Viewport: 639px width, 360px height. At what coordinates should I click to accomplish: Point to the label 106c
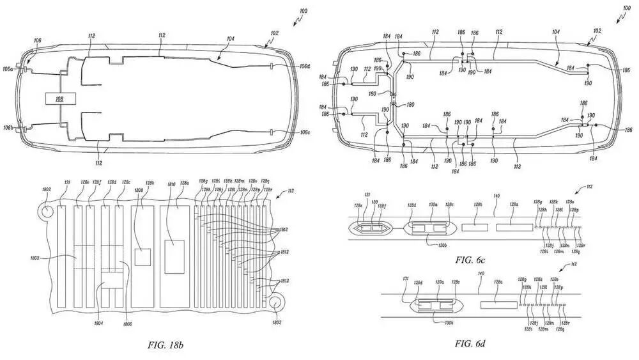[x=305, y=132]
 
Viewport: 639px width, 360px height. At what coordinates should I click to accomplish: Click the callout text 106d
[x=305, y=66]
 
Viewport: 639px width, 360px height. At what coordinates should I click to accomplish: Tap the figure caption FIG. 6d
[x=470, y=343]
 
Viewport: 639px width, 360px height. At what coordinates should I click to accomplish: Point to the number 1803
[x=35, y=258]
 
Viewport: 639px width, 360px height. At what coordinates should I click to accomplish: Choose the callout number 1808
[x=139, y=191]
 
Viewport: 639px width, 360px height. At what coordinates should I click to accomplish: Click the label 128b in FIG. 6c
[x=477, y=205]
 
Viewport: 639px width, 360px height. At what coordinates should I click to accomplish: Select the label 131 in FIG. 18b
[x=66, y=183]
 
